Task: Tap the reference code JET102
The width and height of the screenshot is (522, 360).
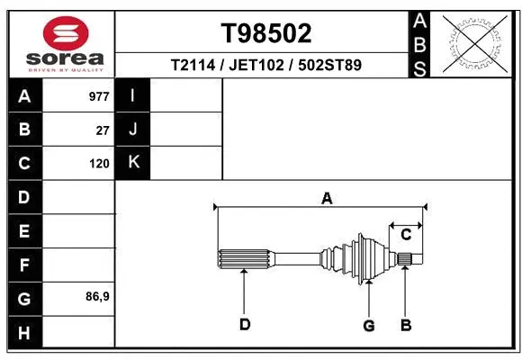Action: pyautogui.click(x=259, y=65)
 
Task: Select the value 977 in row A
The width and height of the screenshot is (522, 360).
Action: pyautogui.click(x=99, y=96)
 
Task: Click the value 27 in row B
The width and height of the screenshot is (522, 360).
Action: pyautogui.click(x=103, y=130)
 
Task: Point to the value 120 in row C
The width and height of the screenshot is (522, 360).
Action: pyautogui.click(x=99, y=164)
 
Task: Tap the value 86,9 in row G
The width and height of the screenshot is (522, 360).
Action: pyautogui.click(x=97, y=296)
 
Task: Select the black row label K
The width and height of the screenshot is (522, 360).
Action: pyautogui.click(x=133, y=163)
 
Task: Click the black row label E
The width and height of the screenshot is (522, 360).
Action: pyautogui.click(x=24, y=231)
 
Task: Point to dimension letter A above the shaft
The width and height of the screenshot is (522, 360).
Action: pyautogui.click(x=327, y=198)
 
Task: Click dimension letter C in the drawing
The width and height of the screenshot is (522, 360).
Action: pyautogui.click(x=406, y=235)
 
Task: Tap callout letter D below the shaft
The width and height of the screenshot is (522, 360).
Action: pyautogui.click(x=244, y=324)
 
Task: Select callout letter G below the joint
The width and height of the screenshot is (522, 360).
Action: pyautogui.click(x=368, y=325)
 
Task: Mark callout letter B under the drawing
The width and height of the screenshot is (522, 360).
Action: pyautogui.click(x=406, y=324)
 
